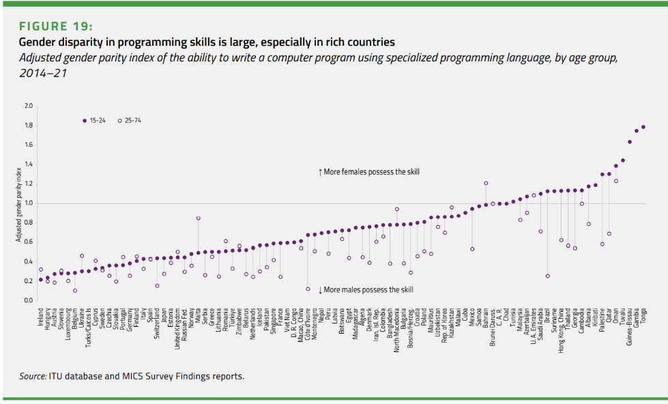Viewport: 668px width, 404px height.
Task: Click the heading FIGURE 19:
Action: [x=55, y=27]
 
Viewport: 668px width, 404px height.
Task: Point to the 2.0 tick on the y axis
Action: [x=28, y=106]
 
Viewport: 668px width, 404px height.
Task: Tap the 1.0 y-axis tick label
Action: [x=28, y=203]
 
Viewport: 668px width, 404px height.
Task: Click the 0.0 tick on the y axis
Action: [x=28, y=300]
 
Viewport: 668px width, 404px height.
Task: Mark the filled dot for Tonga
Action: [x=643, y=127]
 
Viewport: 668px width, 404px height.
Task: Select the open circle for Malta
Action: [x=198, y=218]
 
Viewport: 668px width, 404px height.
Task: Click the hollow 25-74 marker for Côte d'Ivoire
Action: [x=308, y=289]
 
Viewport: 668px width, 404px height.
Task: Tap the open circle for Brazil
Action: [x=547, y=276]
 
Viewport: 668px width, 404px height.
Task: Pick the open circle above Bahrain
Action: [x=486, y=183]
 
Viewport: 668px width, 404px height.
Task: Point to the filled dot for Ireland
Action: [x=41, y=279]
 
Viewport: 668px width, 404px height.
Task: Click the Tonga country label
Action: [x=643, y=315]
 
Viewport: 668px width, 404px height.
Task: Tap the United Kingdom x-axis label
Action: [x=177, y=327]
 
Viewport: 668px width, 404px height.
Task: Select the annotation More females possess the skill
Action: [x=369, y=172]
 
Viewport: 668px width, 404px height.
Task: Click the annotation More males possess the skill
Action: [x=366, y=289]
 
